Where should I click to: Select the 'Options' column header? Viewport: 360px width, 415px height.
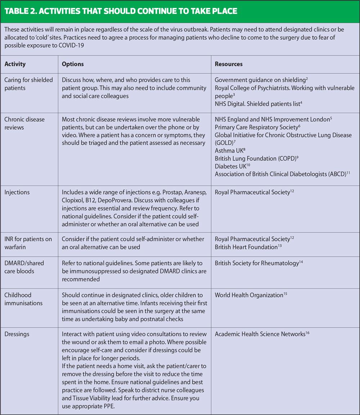pos(73,64)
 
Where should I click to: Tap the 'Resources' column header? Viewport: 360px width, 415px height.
pos(229,64)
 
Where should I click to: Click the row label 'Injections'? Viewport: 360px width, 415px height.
pos(17,192)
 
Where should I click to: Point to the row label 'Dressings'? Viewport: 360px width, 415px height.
pos(17,334)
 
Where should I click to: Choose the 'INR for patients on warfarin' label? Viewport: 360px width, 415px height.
pos(28,243)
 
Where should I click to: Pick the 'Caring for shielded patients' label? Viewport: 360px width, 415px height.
pos(28,84)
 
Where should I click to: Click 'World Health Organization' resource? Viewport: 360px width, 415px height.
pos(249,295)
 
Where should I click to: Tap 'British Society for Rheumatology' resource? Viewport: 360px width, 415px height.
pos(257,263)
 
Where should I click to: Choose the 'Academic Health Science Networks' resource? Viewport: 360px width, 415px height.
pos(260,334)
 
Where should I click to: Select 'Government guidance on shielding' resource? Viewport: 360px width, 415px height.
pos(258,80)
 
